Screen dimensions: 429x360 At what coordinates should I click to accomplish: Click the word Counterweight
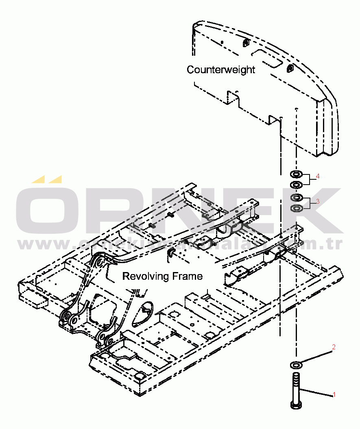[220, 70]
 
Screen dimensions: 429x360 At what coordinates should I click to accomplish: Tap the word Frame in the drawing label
[187, 277]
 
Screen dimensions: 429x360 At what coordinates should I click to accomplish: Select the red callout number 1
[334, 394]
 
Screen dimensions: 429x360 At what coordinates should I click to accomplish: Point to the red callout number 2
[334, 347]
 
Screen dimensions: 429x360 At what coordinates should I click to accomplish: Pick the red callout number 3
[318, 201]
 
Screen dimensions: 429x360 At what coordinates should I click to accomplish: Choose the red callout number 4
[318, 176]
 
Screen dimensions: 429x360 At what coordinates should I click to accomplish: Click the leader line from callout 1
[317, 392]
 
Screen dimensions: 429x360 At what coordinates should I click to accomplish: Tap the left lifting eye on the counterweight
[247, 43]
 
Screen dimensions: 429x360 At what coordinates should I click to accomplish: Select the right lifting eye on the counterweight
[290, 68]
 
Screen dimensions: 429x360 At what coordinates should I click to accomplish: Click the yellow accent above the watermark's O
[47, 179]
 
